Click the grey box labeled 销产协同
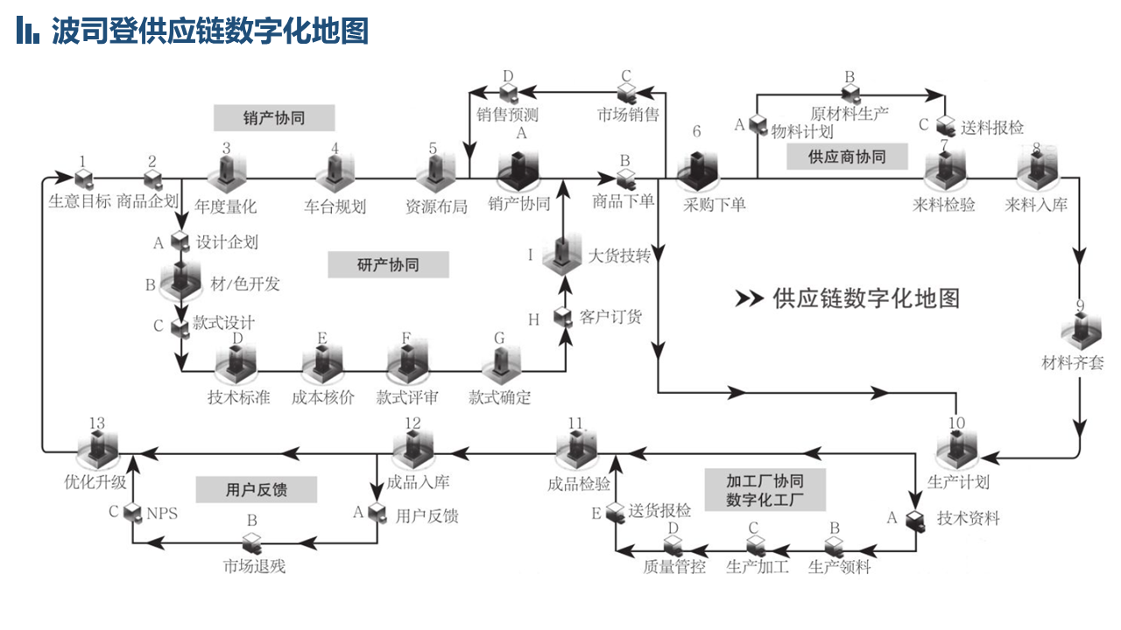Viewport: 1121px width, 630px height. (274, 118)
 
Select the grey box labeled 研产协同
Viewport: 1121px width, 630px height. (388, 264)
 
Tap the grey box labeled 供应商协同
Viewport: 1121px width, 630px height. (847, 157)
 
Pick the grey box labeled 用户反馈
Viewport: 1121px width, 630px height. (257, 489)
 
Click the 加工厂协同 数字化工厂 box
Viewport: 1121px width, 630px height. (765, 490)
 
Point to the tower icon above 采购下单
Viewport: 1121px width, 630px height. (697, 171)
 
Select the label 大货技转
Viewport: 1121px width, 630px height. (618, 256)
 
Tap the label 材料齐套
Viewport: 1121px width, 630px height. (1073, 362)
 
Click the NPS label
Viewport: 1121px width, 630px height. (162, 514)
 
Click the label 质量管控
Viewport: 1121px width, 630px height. (674, 566)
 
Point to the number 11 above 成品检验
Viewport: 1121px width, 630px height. (575, 423)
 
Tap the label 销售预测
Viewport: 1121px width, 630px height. (507, 115)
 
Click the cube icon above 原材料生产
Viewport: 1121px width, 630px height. (850, 94)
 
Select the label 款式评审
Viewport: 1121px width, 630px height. (407, 397)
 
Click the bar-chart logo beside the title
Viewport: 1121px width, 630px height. (28, 30)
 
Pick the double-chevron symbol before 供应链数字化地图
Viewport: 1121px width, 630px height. (749, 298)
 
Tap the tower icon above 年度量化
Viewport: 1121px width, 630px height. (227, 173)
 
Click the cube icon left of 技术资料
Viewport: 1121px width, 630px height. (915, 520)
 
